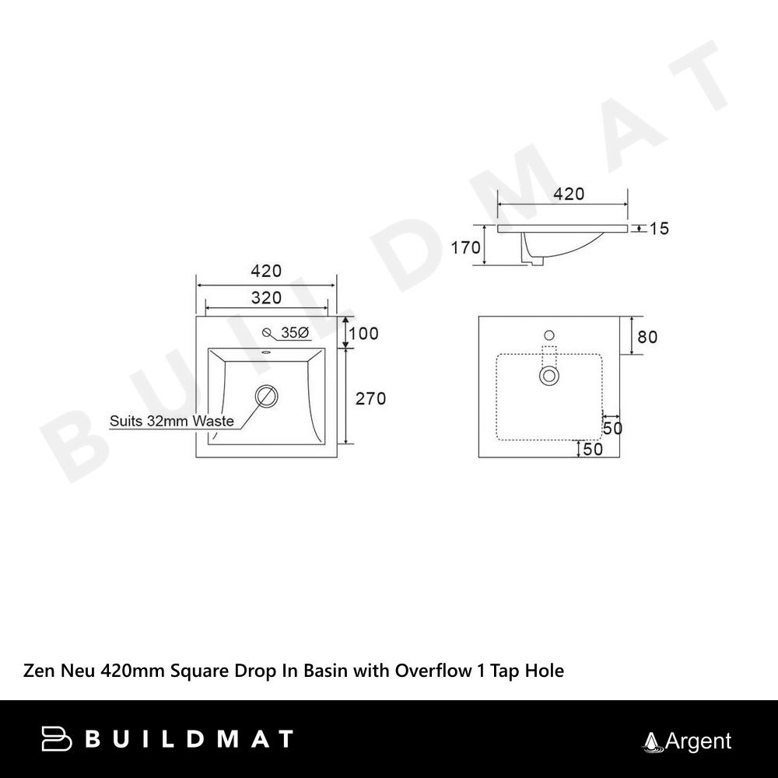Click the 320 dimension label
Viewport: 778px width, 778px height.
click(266, 298)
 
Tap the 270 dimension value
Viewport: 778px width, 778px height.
click(370, 398)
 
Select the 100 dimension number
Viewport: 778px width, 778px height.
click(363, 334)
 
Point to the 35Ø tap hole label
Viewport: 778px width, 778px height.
click(295, 333)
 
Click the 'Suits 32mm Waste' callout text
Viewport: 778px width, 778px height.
click(172, 421)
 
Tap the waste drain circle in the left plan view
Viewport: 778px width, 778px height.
click(266, 395)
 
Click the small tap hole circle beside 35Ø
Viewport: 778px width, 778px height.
click(267, 332)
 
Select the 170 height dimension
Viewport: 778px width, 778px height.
click(465, 247)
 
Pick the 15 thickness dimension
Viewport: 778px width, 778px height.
click(659, 229)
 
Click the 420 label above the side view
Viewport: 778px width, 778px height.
click(569, 194)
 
